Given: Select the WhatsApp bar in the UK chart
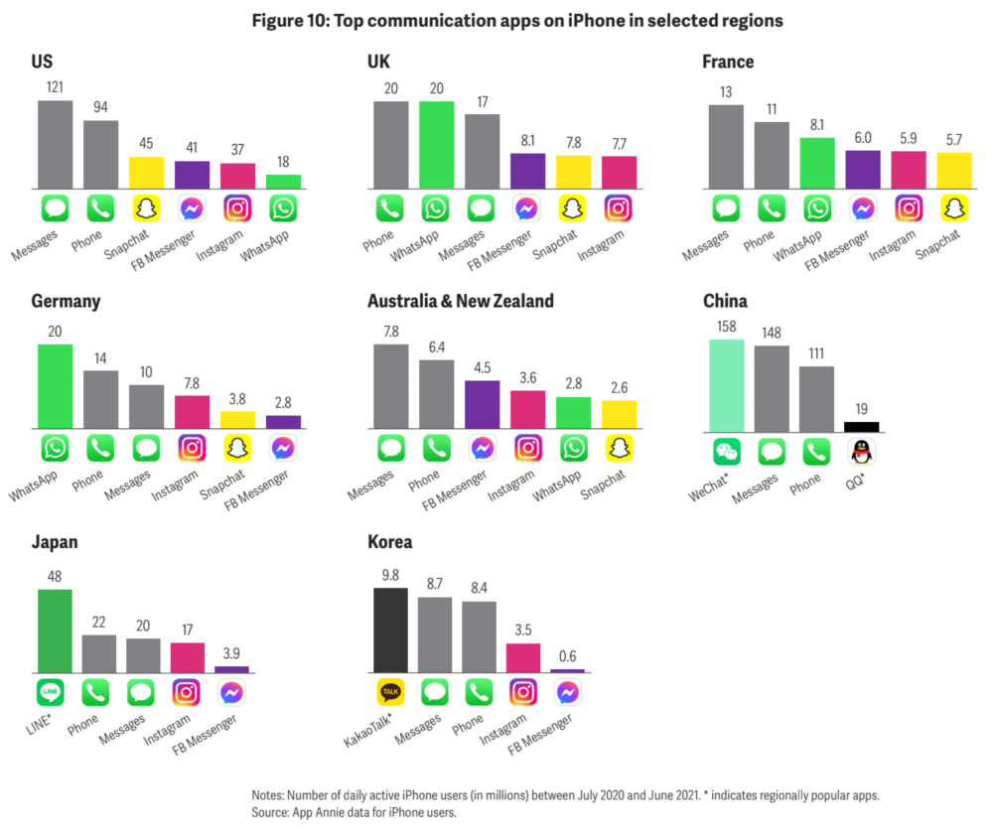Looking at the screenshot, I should point(436,145).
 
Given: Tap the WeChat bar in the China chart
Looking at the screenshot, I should point(726,385).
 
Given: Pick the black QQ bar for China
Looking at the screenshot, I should point(861,426).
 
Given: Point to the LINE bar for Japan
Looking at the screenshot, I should point(55,630).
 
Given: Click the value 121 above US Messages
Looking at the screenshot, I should point(55,86).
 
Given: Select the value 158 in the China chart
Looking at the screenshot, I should point(726,326).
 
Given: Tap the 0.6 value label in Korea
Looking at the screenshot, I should point(568,656).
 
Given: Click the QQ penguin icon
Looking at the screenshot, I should point(861,453).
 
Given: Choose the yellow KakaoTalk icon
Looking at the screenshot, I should point(390,691).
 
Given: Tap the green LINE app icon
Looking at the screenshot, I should point(55,691).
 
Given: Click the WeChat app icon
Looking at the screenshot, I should point(726,453).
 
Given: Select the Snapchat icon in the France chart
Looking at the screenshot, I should point(953,209).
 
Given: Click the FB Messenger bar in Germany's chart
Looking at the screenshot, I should point(283,422).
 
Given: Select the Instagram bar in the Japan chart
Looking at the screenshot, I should point(189,657).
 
